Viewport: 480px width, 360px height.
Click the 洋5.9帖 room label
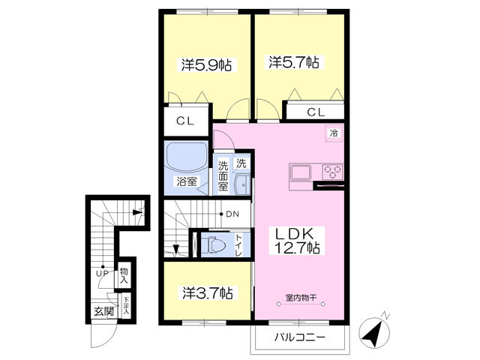point(205,65)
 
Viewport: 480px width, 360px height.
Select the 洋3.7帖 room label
point(205,292)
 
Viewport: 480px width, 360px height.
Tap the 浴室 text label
point(186,181)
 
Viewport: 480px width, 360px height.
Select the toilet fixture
point(215,244)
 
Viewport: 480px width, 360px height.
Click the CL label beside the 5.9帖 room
point(186,121)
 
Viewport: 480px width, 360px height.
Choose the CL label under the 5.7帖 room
point(316,112)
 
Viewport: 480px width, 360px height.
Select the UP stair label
point(100,273)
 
